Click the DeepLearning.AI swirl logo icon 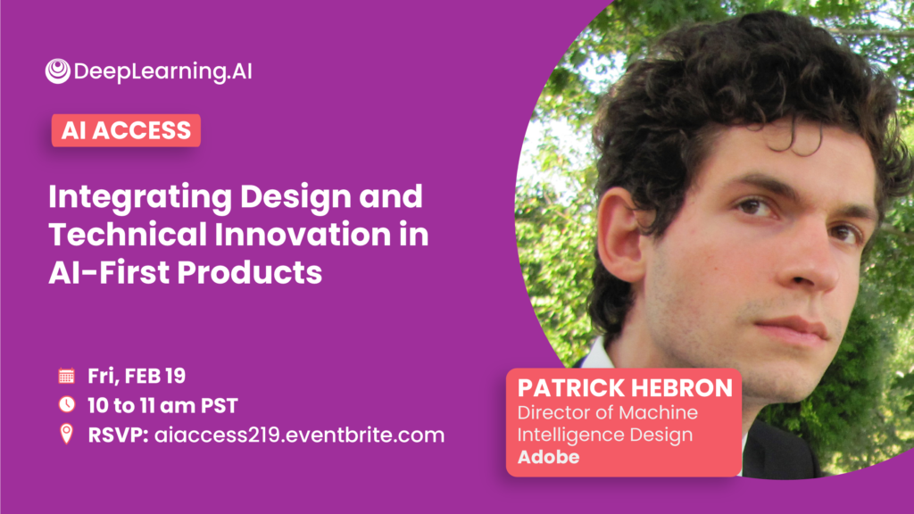[58, 71]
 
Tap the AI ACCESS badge [126, 130]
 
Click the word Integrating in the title [140, 197]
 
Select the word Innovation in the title [303, 235]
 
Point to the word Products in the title [250, 272]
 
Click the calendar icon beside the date [66, 376]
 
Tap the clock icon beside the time [66, 404]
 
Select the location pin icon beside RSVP [66, 435]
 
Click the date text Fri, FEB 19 [137, 376]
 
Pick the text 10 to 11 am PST [162, 406]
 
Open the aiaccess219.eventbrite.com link [299, 435]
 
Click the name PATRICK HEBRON [625, 388]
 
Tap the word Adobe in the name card [549, 457]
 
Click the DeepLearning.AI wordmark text [163, 71]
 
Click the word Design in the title [295, 197]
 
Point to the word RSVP [118, 435]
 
